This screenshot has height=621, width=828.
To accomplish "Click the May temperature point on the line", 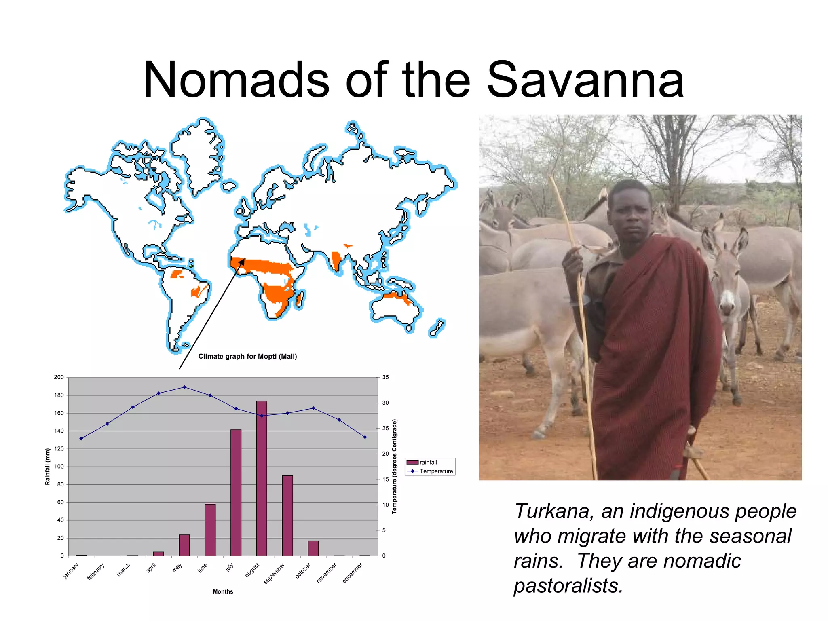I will point(184,387).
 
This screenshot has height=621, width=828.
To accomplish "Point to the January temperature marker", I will point(81,438).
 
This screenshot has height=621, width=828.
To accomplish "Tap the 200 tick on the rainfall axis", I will point(59,377).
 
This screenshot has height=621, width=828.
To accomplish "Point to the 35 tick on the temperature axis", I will point(385,377).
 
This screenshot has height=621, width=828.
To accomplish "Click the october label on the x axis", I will point(302,571).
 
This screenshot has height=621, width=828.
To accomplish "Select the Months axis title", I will point(223,591).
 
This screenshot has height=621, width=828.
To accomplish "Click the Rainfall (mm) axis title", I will point(48,466).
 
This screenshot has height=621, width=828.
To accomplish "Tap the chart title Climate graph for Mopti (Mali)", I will point(247,356).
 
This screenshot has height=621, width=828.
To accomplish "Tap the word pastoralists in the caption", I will point(568,585).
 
